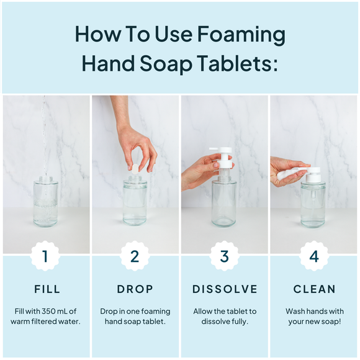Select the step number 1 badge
tap(45, 256)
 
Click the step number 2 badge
tap(135, 256)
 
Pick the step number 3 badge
tap(224, 256)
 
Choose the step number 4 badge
tap(313, 256)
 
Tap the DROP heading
tap(135, 289)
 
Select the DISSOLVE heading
tap(224, 289)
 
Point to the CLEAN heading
tap(313, 289)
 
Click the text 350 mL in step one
tap(55, 311)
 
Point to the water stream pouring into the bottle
tap(43, 137)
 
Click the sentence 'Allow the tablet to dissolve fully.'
tap(224, 316)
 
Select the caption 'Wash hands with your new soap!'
tap(313, 316)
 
